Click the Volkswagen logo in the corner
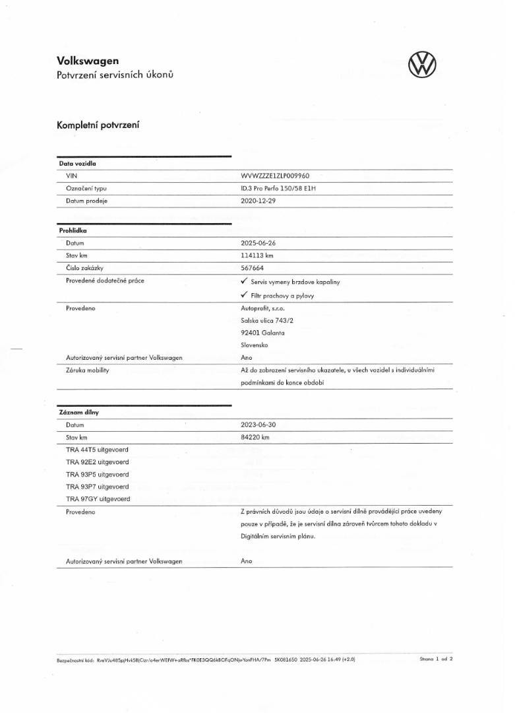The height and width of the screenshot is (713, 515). click(423, 65)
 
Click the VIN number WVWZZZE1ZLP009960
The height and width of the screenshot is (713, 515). click(276, 176)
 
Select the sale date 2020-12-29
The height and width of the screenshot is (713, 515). click(258, 200)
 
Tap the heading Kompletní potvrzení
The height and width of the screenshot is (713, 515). click(98, 125)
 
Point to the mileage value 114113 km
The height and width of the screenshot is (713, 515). click(257, 255)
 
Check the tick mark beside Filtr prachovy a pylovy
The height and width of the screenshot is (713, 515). click(245, 295)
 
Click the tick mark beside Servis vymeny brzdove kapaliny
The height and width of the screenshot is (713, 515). click(245, 281)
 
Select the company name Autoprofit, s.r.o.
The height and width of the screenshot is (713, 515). click(263, 308)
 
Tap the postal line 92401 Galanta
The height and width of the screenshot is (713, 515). click(263, 333)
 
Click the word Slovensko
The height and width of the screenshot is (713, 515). click(255, 345)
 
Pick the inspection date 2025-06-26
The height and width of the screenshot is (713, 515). click(258, 243)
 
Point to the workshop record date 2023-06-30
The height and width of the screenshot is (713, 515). click(258, 425)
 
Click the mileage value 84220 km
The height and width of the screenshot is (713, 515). click(256, 437)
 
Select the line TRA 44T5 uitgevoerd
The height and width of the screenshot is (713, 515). click(98, 450)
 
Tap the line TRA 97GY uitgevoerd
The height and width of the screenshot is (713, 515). click(98, 499)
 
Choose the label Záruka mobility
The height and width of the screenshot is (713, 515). click(88, 370)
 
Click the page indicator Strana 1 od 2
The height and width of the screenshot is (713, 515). click(436, 659)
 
